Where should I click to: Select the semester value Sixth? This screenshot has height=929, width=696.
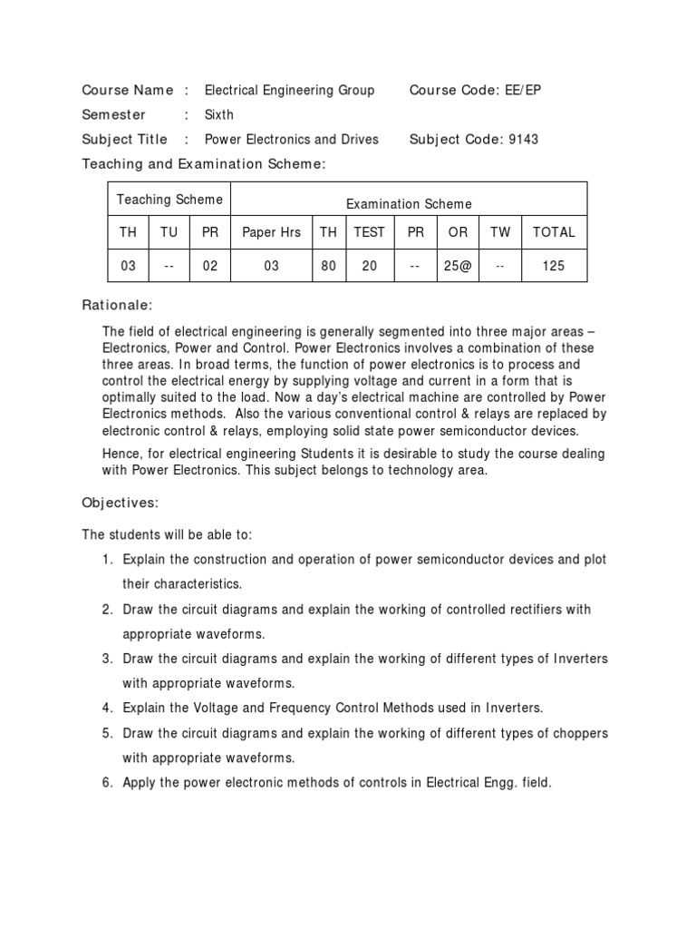219,114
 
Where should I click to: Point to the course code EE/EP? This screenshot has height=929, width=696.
526,90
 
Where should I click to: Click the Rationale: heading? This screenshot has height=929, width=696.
118,306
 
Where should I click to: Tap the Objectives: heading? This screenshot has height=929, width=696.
121,502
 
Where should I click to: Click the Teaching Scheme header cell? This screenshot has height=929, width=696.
169,200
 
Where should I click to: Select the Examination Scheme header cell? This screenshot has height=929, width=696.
409,204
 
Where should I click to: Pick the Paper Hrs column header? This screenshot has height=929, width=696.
271,232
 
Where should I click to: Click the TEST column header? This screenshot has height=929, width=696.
369,232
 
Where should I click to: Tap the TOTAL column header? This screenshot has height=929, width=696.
554,232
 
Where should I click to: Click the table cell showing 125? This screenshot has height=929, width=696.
554,267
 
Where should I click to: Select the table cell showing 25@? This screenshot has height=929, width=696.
459,267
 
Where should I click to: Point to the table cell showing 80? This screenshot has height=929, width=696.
328,267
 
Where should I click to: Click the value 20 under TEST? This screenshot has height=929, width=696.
369,267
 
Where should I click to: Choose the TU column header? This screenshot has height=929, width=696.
169,232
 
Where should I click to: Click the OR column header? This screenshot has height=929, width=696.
459,232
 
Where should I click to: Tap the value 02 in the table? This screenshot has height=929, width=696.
210,267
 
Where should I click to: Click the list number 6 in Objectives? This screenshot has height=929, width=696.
106,782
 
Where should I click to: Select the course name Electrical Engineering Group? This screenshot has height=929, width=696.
289,90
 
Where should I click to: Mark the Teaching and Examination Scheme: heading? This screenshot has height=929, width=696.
203,163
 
